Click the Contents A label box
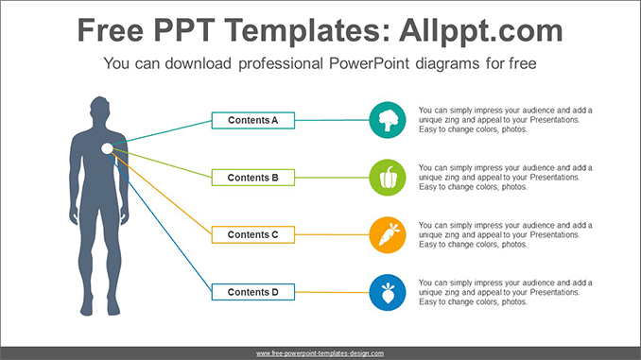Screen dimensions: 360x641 [x=252, y=120]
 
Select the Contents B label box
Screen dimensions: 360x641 [x=252, y=177]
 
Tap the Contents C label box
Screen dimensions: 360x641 [x=252, y=234]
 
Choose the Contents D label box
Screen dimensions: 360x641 [x=252, y=292]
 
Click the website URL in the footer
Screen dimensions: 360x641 [x=320, y=352]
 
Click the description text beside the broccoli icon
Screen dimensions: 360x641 [x=505, y=120]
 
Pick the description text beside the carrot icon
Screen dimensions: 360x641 [x=505, y=234]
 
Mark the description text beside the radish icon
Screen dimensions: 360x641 [x=505, y=292]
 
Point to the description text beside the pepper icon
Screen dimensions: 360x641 [x=505, y=177]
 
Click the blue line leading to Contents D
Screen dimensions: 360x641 [x=161, y=223]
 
